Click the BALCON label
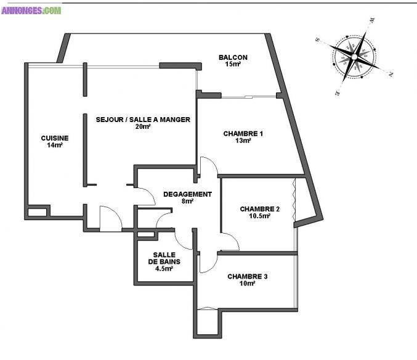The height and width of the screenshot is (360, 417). [233, 57]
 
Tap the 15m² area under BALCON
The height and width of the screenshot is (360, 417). [233, 64]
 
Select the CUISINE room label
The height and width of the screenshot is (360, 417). [55, 138]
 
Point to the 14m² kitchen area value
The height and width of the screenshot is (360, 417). [55, 145]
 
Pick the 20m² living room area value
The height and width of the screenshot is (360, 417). [143, 126]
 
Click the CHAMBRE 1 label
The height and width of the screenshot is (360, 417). [243, 134]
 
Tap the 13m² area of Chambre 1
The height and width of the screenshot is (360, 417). [243, 141]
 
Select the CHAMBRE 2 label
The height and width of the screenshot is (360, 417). [260, 209]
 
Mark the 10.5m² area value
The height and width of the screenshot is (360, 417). [260, 216]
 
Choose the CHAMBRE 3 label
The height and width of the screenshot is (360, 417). [248, 276]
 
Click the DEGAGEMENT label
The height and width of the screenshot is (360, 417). [187, 194]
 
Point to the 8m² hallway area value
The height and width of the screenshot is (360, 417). [187, 201]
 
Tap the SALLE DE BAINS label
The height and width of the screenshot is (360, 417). [164, 258]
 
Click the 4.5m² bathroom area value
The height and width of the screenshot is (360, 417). [164, 269]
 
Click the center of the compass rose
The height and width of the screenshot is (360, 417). [354, 57]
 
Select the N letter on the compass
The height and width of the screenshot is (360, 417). [391, 75]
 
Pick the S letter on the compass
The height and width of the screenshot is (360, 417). [317, 39]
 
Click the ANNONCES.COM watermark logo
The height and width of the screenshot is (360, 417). [31, 10]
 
